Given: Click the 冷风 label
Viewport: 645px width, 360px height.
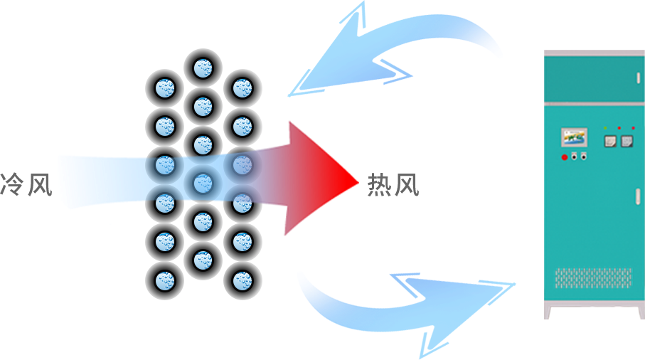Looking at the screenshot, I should coord(27,186).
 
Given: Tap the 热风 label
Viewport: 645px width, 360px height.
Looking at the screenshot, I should coord(393,186).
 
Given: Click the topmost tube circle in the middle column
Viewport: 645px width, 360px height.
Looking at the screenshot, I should coord(203,68).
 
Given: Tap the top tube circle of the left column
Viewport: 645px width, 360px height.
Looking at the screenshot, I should coord(165,89).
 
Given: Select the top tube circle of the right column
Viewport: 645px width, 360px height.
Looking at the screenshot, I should coord(242,89).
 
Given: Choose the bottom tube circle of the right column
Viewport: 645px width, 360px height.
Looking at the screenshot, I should coord(242,279).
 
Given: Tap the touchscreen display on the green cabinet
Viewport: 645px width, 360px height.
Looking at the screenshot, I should coord(573,137).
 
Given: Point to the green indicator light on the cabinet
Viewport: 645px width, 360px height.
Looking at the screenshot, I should coord(605,127).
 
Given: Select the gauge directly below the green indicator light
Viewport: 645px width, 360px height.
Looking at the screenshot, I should coord(609,142).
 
